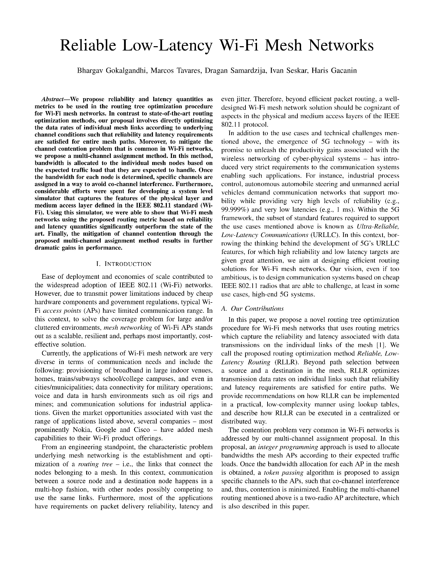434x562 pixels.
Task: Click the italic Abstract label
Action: tap(53, 99)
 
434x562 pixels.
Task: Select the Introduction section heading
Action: tap(124, 264)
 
